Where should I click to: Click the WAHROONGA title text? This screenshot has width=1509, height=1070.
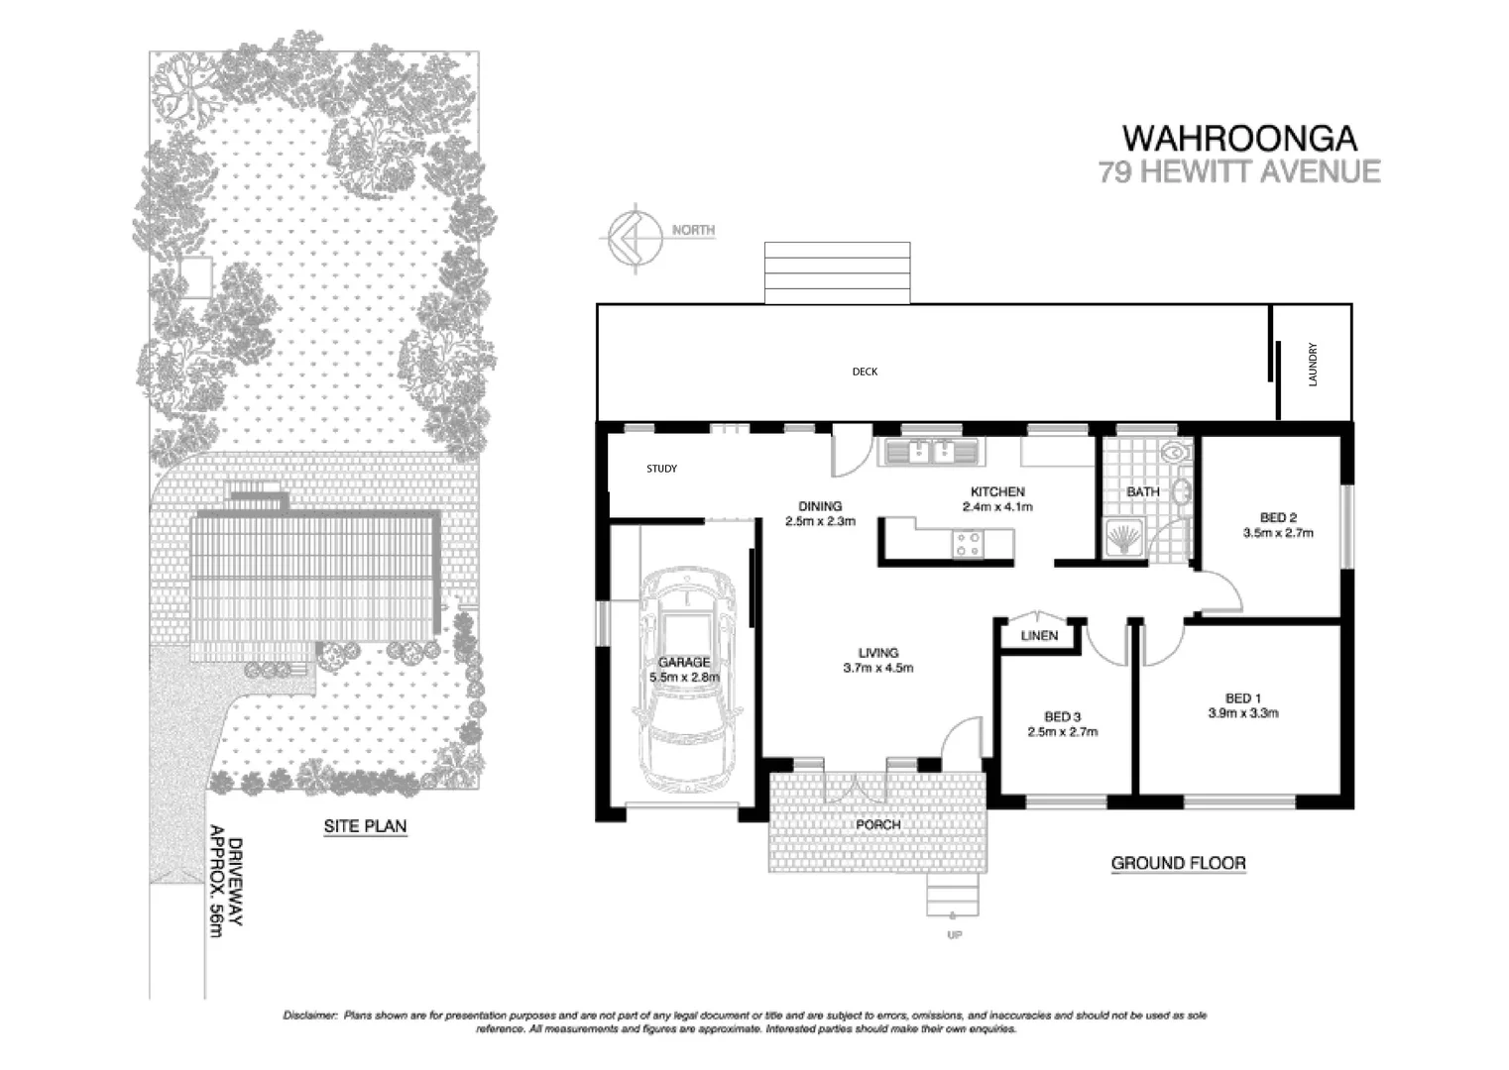point(1238,138)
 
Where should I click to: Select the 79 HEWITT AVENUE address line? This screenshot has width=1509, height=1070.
point(1238,171)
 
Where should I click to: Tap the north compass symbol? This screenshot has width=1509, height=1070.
point(631,237)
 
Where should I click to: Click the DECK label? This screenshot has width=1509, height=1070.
point(865,372)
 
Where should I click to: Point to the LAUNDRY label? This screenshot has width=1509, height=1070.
point(1313,364)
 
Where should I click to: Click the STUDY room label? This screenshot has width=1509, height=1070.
point(661,469)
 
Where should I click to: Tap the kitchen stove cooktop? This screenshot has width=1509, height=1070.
point(967,543)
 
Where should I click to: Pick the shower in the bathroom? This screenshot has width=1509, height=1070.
point(1123,538)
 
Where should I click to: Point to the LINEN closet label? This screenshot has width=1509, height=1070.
point(1039,636)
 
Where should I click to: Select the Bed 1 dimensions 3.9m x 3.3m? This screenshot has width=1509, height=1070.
point(1242,712)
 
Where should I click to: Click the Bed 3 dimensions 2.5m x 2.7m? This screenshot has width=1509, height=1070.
point(1063,732)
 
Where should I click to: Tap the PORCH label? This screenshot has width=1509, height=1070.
point(877,824)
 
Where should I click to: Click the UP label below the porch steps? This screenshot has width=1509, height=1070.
point(954,934)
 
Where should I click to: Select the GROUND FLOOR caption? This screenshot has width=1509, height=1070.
point(1178,863)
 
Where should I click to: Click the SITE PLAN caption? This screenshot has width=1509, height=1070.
point(365,825)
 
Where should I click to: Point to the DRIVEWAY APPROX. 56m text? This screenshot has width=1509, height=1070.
point(226,882)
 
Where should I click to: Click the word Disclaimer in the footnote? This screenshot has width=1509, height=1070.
point(311,1016)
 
